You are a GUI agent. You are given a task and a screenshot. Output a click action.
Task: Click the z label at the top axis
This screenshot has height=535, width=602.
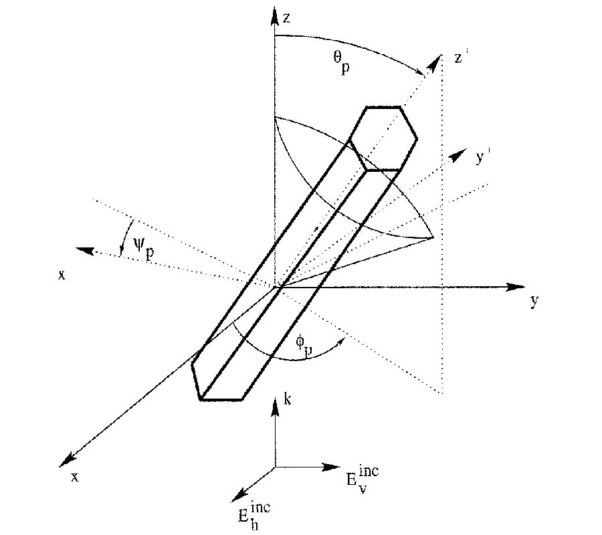(286, 18)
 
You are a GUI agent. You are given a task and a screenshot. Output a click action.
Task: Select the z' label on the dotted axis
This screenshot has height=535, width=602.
(458, 58)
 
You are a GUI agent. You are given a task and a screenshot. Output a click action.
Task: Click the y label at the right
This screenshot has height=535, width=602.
(534, 301)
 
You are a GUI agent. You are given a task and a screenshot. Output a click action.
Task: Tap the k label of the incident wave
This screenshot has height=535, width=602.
(286, 401)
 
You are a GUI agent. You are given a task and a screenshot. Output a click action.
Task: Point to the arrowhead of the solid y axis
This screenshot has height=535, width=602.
(518, 287)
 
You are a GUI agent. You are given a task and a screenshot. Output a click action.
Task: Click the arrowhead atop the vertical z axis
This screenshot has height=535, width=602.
(274, 13)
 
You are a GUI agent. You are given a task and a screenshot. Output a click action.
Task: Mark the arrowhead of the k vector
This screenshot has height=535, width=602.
(274, 407)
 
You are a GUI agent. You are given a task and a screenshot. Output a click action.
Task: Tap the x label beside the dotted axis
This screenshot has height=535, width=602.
(61, 274)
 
